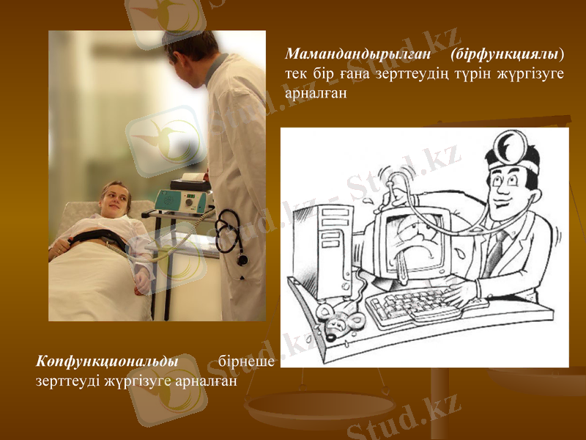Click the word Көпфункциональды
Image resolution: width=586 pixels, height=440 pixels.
107,362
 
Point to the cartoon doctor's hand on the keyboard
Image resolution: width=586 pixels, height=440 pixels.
461,294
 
